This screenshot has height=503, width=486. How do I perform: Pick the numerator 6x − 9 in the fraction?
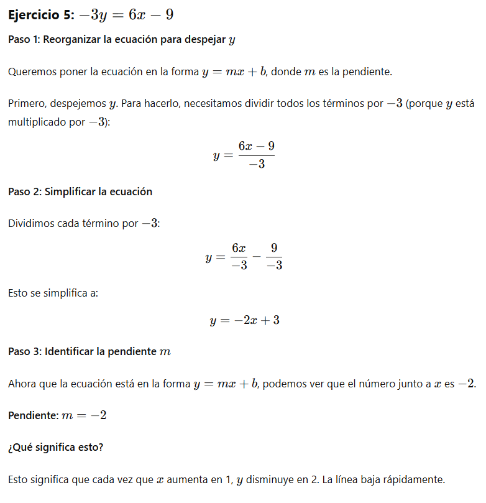click(256, 145)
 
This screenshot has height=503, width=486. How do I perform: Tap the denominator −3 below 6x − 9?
click(256, 164)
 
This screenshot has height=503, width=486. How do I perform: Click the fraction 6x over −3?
click(239, 256)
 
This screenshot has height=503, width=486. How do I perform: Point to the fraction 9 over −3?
click(273, 256)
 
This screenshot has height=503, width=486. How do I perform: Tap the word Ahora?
click(22, 384)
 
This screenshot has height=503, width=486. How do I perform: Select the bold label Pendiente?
click(33, 415)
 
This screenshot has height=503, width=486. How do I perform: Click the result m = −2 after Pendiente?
click(84, 415)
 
